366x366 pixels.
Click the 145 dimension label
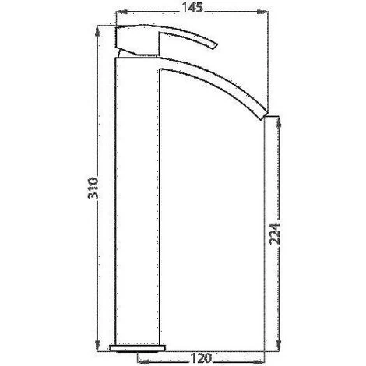click(x=192, y=8)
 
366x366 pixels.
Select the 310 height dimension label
click(x=93, y=188)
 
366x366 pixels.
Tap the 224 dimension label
click(x=275, y=234)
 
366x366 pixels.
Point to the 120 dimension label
click(x=202, y=358)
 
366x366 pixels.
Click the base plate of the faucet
click(x=138, y=348)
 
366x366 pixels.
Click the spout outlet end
click(x=263, y=115)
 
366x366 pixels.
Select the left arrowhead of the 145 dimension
click(x=121, y=12)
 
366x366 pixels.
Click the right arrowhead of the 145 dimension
click(x=262, y=12)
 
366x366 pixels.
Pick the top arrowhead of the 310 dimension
click(x=97, y=31)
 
